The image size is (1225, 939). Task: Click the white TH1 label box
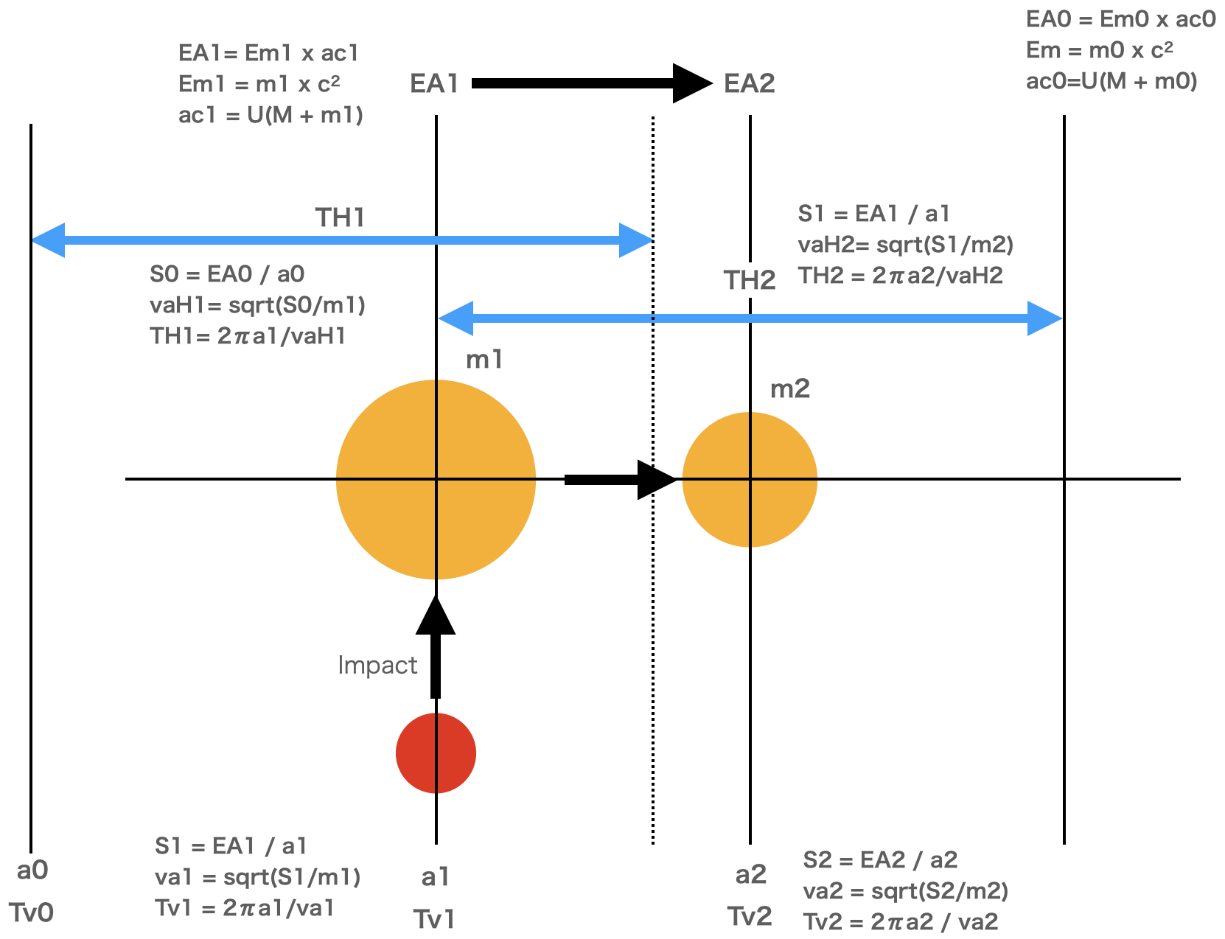point(341,217)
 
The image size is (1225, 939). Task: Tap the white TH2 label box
point(749,280)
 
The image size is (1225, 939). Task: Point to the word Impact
point(377,666)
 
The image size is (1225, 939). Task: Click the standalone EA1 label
point(434,84)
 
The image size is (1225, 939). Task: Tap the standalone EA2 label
point(749,84)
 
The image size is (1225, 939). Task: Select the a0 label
point(32,870)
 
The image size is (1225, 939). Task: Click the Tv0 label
point(31,913)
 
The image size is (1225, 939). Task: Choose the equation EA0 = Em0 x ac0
point(1120,19)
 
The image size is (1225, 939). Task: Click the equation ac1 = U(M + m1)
point(271,115)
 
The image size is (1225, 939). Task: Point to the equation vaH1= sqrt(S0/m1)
point(257,305)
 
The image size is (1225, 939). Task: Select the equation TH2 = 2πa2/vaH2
point(900,276)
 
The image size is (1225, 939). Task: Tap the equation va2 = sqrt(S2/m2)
point(905,891)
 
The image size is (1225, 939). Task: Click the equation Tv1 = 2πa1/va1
point(244,908)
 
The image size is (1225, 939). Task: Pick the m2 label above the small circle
point(789,388)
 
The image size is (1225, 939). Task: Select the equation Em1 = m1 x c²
point(259,84)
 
